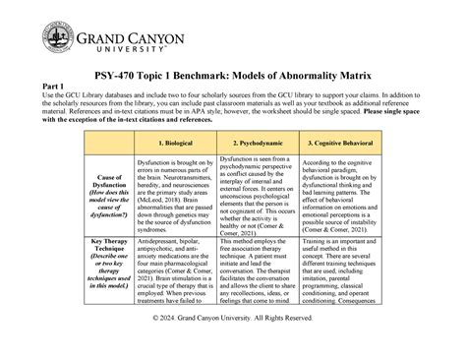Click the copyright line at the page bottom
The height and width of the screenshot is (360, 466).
[232, 349]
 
